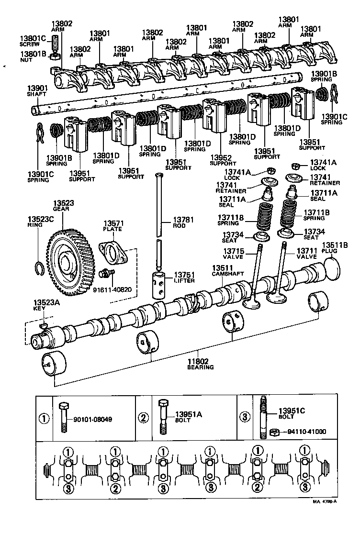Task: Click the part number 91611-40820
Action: click(x=113, y=289)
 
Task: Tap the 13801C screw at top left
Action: click(x=55, y=45)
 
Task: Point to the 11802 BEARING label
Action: click(x=200, y=364)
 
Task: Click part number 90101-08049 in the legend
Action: click(x=92, y=419)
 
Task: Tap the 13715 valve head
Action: click(x=252, y=303)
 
